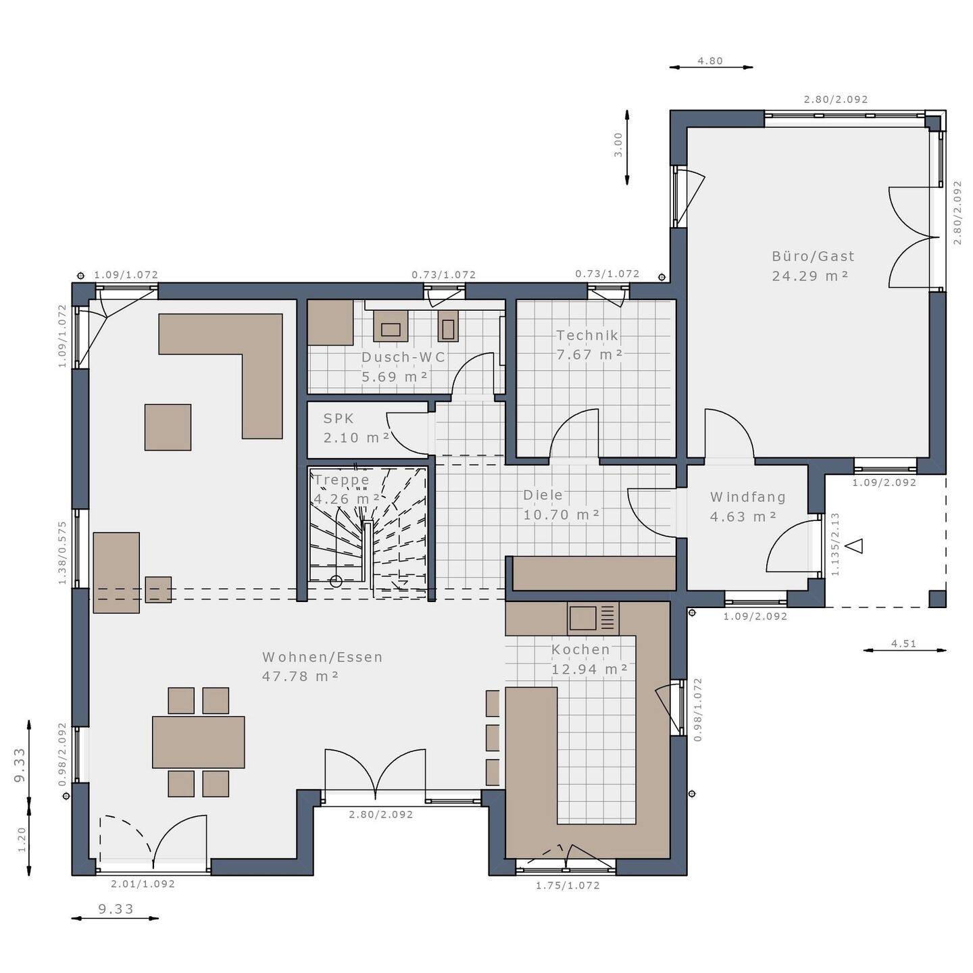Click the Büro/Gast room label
[x=813, y=257]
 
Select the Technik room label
[x=587, y=335]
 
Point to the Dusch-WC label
[x=403, y=357]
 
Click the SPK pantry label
[x=339, y=418]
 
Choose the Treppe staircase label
[x=342, y=480]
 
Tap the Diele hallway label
[x=543, y=495]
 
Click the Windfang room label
[x=747, y=497]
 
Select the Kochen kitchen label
[x=580, y=650]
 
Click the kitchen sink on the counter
[x=583, y=618]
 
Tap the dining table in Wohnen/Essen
[x=198, y=742]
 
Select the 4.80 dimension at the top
[x=710, y=61]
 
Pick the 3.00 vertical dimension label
[x=618, y=145]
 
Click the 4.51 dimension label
[x=903, y=644]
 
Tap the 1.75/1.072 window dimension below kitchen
[x=568, y=885]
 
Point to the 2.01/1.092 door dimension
[x=143, y=884]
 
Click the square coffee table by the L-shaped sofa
[x=168, y=427]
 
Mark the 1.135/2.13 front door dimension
[x=835, y=544]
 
